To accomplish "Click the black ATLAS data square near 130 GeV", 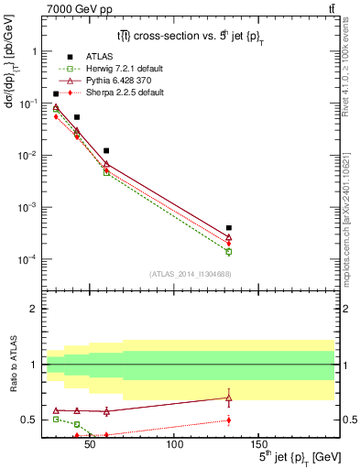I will pyautogui.click(x=229, y=228).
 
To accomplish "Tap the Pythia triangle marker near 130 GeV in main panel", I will pyautogui.click(x=229, y=237).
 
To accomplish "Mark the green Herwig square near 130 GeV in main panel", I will pyautogui.click(x=229, y=251).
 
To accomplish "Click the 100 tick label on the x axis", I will pyautogui.click(x=173, y=444).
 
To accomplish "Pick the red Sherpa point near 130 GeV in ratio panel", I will pyautogui.click(x=229, y=420).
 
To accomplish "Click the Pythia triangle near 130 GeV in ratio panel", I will pyautogui.click(x=229, y=398).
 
